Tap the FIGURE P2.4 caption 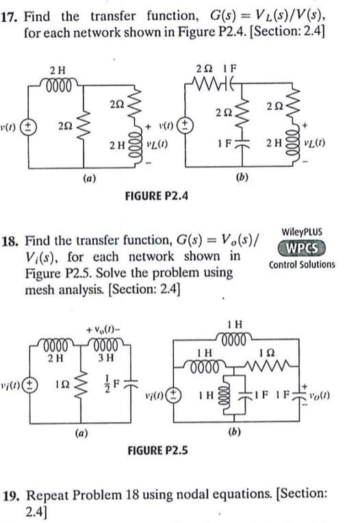156,196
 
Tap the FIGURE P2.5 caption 157,450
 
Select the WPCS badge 302,248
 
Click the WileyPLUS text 302,232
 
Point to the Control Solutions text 302,265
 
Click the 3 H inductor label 105,357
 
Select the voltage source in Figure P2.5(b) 173,395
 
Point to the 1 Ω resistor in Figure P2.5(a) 81,385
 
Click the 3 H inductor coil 105,344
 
